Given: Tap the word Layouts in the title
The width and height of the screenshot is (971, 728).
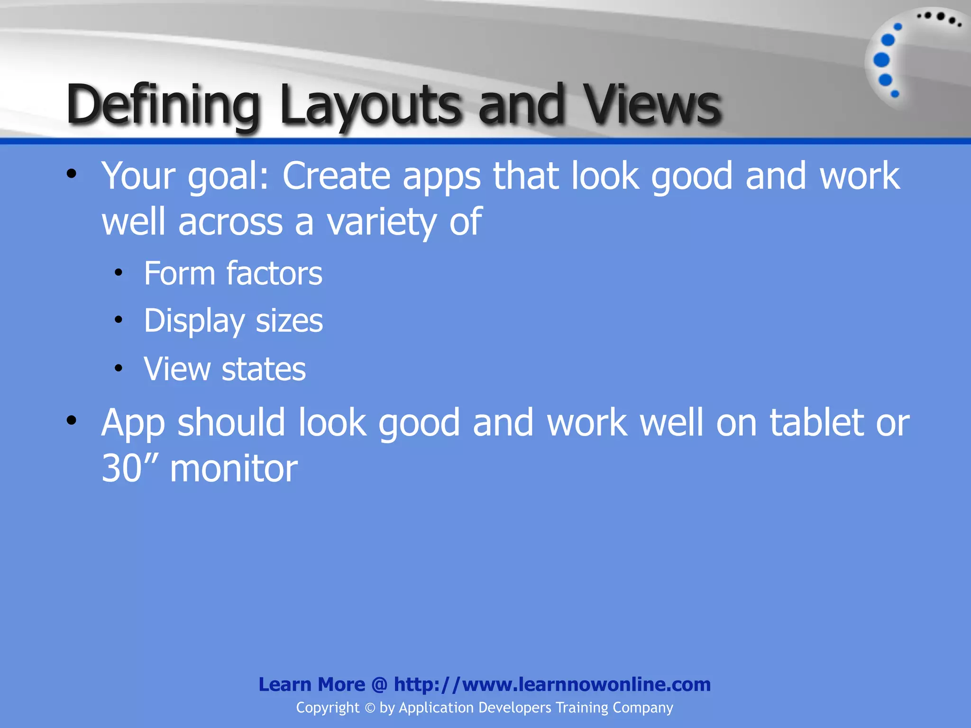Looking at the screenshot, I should point(370,105).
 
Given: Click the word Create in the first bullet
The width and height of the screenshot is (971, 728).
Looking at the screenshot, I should point(336,176).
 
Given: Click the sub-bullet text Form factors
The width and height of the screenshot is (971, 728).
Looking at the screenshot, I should point(233,273).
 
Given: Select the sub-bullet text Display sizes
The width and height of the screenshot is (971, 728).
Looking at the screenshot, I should point(233,321).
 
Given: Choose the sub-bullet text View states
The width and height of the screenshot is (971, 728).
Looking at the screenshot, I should point(225,369).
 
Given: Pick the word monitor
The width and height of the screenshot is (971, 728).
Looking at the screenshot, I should point(234,469).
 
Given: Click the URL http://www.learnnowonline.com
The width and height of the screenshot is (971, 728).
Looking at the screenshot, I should point(552,684).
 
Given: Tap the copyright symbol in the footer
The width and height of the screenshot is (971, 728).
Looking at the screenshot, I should point(370,708).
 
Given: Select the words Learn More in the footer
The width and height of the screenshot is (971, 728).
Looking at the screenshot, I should point(311,684).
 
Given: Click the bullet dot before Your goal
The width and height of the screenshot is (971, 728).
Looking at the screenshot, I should point(72,174).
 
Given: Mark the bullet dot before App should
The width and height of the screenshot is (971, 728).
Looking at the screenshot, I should point(72,420).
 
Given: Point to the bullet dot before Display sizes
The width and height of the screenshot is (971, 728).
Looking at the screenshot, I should point(119,320).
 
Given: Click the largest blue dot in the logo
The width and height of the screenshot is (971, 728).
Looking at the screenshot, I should point(881,60).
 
